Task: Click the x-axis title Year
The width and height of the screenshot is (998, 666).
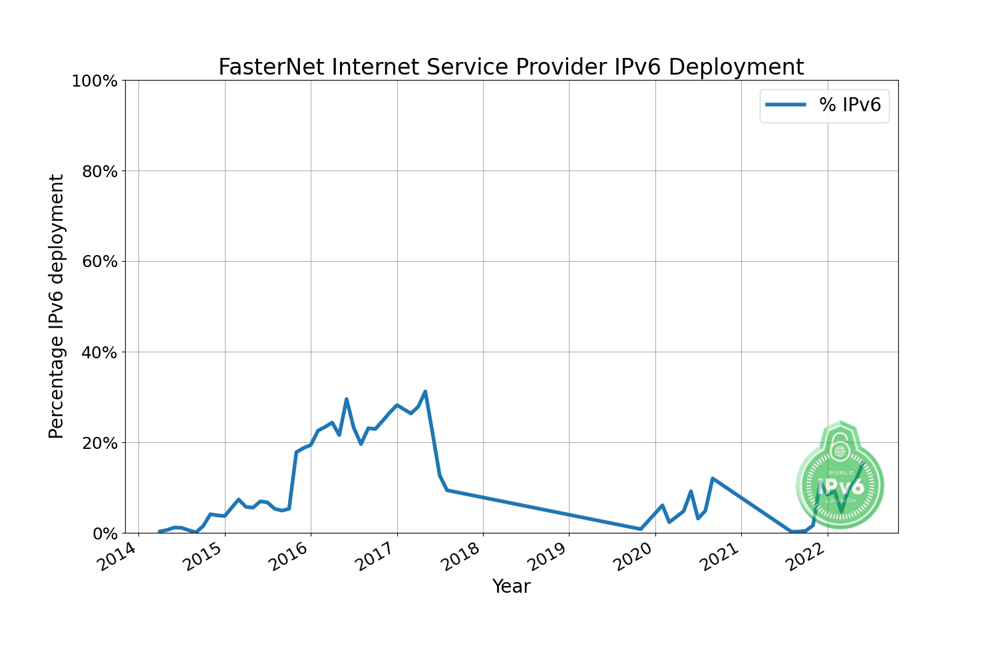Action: point(511,587)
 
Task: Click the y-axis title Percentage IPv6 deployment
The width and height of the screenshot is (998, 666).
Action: point(57,306)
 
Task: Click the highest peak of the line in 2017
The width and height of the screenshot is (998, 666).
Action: point(425,392)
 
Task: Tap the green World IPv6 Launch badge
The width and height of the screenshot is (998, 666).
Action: point(840,476)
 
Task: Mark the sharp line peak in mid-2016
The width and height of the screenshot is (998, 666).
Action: point(347,399)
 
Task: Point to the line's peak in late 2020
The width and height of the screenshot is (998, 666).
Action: point(713,478)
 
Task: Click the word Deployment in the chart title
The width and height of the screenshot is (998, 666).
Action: point(736,67)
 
